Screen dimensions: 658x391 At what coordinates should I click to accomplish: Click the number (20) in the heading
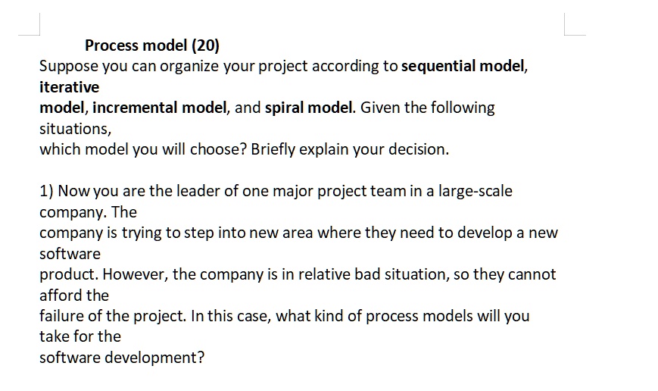(x=206, y=45)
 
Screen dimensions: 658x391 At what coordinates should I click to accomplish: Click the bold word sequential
(x=438, y=66)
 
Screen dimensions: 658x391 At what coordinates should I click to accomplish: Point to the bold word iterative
(x=69, y=87)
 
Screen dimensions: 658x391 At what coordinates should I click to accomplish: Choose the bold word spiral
(x=285, y=108)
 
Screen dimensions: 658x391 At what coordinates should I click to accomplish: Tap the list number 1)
(x=47, y=191)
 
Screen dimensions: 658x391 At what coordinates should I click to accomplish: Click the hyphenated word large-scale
(x=475, y=192)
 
